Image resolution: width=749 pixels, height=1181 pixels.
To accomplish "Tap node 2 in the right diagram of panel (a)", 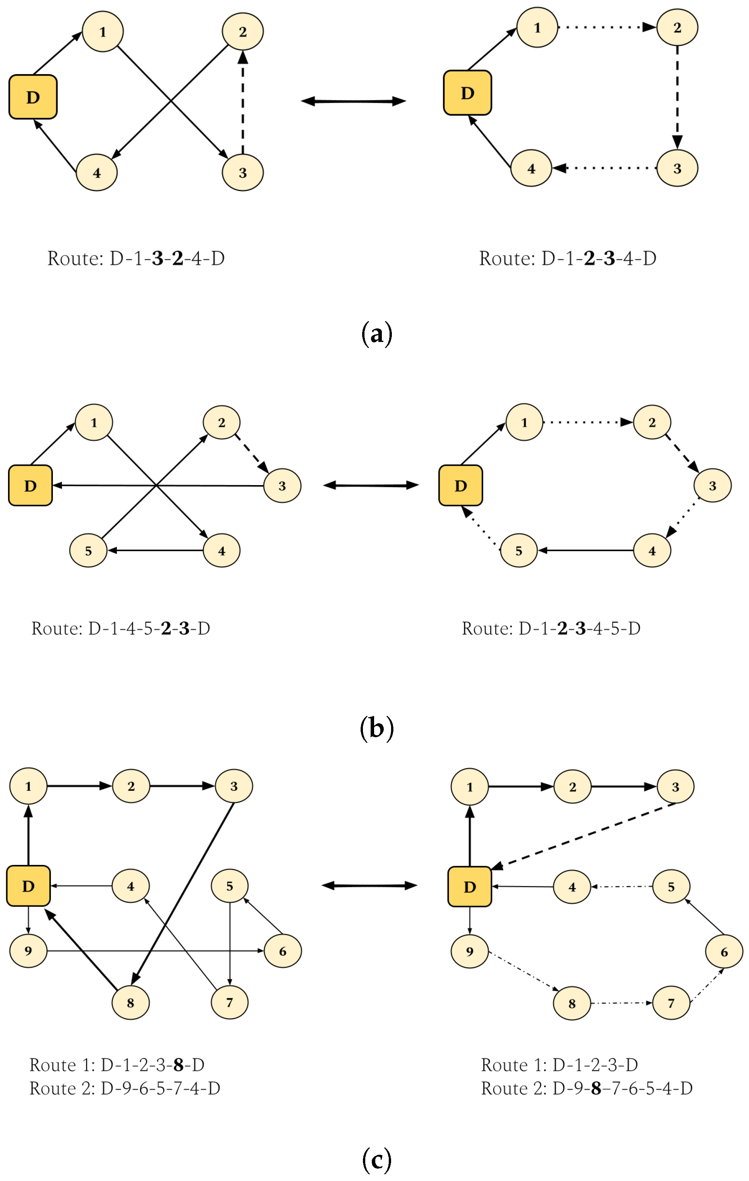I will point(677,27).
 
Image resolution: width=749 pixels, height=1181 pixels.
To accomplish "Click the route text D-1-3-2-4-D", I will point(136,258).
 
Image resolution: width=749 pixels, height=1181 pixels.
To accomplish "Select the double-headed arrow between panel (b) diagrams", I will point(371,485).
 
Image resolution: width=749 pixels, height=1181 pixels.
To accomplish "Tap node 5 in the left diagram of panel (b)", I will point(88,550).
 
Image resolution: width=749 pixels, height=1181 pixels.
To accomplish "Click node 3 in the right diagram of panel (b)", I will point(712,486).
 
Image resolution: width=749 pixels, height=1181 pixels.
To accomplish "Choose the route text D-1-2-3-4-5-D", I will point(551,628).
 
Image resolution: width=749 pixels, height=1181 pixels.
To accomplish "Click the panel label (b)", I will point(376,728).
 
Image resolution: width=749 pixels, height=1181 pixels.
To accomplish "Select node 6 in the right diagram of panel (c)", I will point(724,952).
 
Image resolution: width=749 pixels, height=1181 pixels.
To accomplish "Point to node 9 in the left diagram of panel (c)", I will point(29,951).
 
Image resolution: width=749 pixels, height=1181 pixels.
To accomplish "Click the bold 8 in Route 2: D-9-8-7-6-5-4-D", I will point(595,1088).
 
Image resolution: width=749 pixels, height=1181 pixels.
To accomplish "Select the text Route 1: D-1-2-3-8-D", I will point(116,1065).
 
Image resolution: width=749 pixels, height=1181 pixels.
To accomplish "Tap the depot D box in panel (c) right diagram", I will point(470,887).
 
